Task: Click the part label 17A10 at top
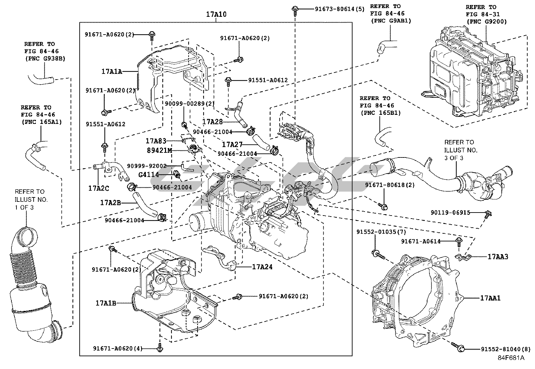click(216, 14)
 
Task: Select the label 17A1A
click(112, 72)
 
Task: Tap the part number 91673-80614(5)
click(339, 9)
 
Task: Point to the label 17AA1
click(490, 298)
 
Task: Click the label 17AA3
click(498, 257)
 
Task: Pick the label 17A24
click(262, 267)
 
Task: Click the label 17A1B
click(106, 303)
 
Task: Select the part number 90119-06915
click(450, 213)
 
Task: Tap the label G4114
click(148, 175)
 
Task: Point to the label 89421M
click(159, 150)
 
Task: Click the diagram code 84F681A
click(511, 358)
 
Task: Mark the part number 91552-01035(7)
click(381, 232)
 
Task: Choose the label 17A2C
click(98, 188)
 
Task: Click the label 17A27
click(232, 145)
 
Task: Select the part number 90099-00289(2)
click(189, 104)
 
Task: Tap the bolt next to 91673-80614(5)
click(295, 9)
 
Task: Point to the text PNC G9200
click(486, 22)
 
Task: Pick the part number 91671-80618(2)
click(390, 185)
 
